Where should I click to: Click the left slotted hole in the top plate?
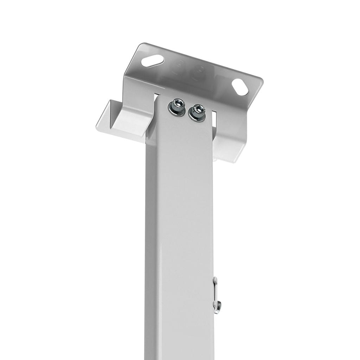pos(152,61)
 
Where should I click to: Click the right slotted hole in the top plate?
pos(240,86)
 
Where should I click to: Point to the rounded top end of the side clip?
pos(215,280)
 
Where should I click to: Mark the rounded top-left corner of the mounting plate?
pos(139,48)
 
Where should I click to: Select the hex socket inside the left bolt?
pos(178,103)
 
